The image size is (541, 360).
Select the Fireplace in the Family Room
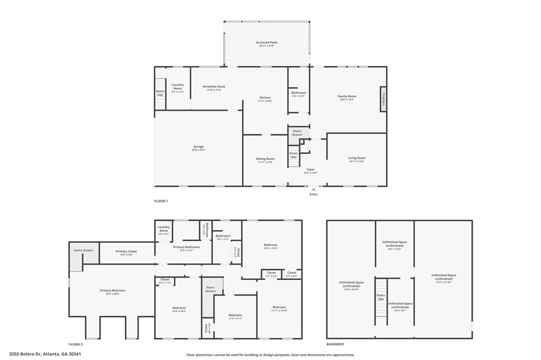click(384, 99)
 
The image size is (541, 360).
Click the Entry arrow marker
click(314, 188)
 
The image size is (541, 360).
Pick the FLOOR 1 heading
click(161, 201)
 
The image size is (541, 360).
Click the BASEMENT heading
click(335, 344)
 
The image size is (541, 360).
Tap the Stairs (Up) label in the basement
click(380, 297)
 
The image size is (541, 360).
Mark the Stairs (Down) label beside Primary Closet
click(83, 250)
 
